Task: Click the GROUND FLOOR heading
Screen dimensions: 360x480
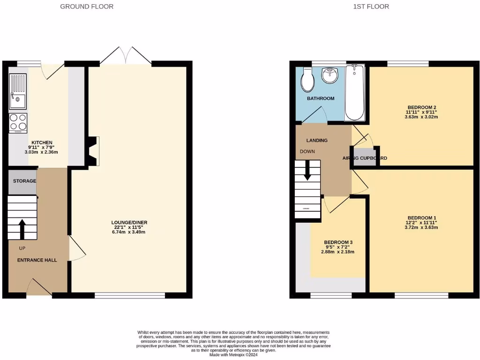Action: click(87, 7)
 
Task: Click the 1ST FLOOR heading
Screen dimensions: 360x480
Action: click(371, 7)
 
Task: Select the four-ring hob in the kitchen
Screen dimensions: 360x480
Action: click(18, 122)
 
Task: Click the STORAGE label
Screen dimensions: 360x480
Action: click(24, 181)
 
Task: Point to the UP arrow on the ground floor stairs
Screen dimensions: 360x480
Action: click(22, 229)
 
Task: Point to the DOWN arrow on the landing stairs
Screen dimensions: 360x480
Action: click(307, 170)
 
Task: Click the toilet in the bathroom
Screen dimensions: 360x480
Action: click(308, 80)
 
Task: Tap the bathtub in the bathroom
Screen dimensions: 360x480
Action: click(354, 93)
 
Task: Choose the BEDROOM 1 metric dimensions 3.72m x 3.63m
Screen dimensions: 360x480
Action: click(421, 227)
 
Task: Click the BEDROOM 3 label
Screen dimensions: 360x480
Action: click(338, 242)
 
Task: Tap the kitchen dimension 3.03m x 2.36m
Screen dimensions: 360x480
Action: click(41, 152)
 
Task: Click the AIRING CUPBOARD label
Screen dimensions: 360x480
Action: click(365, 158)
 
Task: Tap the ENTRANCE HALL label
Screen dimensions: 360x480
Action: click(37, 260)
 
